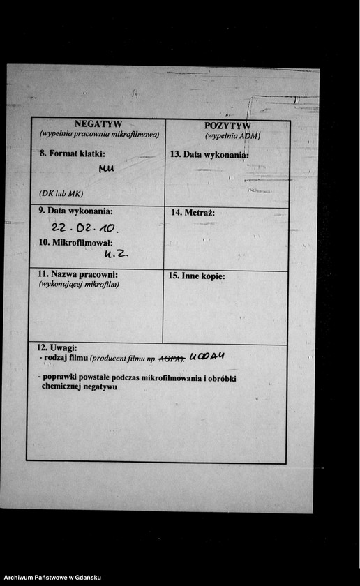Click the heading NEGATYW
point(98,124)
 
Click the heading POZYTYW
point(232,126)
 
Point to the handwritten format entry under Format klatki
point(107,168)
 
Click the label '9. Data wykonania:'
point(75,211)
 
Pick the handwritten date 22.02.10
point(85,228)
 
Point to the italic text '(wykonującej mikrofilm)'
point(79,284)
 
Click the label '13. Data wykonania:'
point(209,153)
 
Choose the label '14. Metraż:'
point(192,212)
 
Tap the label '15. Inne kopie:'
point(197,276)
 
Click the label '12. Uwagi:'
point(57,347)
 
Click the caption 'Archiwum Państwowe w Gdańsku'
point(52,578)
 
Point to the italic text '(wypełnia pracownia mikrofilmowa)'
point(99,134)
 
